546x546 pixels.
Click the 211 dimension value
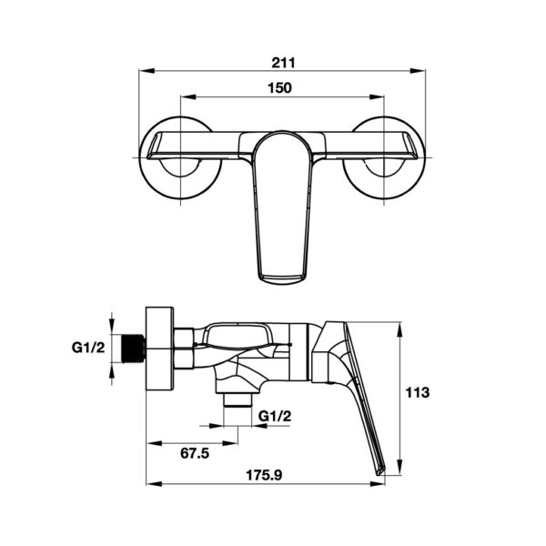283,63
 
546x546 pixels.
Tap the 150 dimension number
279,87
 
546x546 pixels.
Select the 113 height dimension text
418,392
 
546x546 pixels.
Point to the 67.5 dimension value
195,453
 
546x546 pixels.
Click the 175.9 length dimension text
264,475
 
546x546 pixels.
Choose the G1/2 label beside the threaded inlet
88,348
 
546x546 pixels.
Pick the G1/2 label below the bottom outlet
275,416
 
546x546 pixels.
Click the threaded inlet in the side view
134,349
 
